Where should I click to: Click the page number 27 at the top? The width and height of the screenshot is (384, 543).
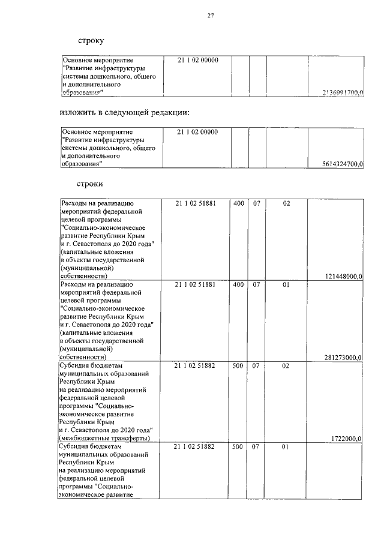[x=211, y=16]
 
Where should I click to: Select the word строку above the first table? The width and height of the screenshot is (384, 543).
[x=91, y=41]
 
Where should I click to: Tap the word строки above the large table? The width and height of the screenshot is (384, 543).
[x=91, y=183]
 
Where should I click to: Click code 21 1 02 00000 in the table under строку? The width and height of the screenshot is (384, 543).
[x=198, y=61]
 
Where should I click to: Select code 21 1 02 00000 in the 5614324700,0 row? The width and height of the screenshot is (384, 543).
[x=198, y=132]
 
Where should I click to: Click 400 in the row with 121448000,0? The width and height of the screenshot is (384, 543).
[x=238, y=203]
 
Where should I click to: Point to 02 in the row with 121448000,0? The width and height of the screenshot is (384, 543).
[x=286, y=203]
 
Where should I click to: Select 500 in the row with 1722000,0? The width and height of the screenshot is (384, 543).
[x=238, y=365]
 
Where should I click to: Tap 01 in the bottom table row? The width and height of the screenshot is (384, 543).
[x=286, y=447]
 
